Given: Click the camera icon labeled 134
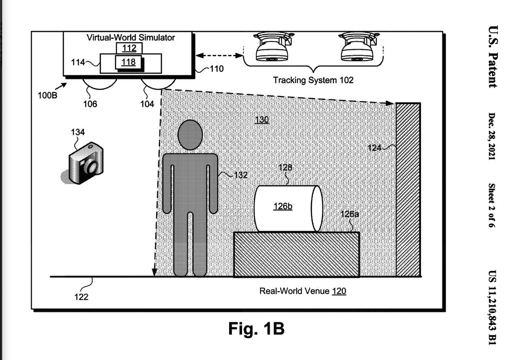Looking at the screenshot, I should (x=86, y=164).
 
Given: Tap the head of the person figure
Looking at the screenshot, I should (x=190, y=135).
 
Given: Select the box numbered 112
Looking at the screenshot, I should (x=129, y=48).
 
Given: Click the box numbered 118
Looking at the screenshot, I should (x=128, y=62).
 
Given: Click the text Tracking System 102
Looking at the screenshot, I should (x=313, y=80).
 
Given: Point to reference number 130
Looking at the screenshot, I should (x=262, y=119).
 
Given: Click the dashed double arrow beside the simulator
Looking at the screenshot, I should (x=220, y=55).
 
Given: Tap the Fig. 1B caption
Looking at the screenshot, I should (x=256, y=328).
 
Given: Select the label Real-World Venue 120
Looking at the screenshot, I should (x=303, y=291).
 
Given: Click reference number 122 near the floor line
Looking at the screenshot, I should (x=81, y=297).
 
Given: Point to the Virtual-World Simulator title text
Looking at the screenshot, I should (x=131, y=38).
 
